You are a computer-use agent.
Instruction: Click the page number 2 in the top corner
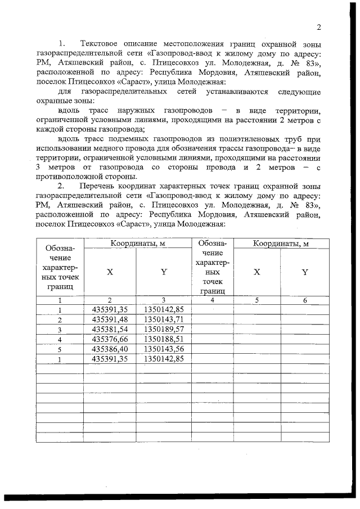coord(318,28)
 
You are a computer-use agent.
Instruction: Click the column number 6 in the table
coord(304,300)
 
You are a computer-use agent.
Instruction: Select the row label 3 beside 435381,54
coord(60,329)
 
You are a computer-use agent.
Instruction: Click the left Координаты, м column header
coord(138,243)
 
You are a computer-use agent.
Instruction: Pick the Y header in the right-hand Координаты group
coord(304,272)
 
